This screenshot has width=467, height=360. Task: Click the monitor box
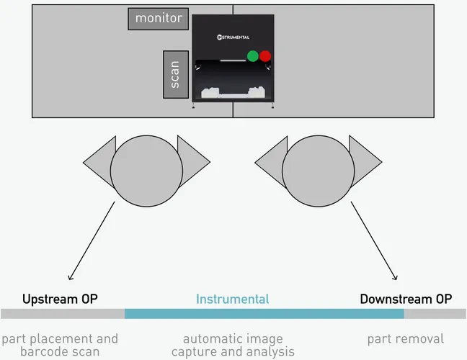click(159, 19)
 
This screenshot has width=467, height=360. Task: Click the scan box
click(176, 74)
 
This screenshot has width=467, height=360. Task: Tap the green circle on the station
click(253, 56)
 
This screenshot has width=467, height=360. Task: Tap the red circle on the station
click(265, 56)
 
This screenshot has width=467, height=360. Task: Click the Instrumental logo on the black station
click(233, 36)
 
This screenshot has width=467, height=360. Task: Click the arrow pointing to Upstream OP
click(92, 241)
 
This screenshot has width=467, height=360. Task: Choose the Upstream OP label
click(60, 299)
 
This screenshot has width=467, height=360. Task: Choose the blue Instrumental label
click(232, 299)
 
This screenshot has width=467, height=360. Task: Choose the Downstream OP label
click(406, 299)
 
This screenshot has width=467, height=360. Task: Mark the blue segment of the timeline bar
click(264, 314)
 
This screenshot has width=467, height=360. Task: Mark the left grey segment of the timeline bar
click(63, 314)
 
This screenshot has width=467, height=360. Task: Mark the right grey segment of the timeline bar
click(435, 314)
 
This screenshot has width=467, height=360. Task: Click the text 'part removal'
click(406, 338)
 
